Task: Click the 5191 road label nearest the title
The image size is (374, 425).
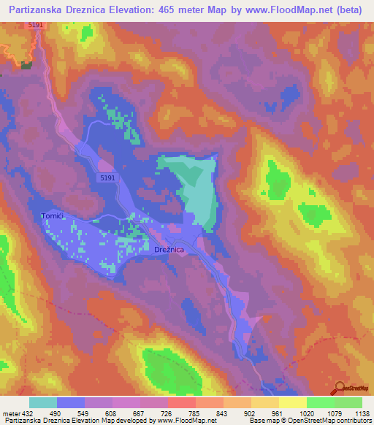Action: (x=37, y=26)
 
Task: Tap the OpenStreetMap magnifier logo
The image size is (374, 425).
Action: (x=340, y=388)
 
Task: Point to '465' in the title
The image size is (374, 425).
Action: (x=152, y=9)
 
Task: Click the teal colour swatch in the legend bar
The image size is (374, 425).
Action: (x=43, y=402)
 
